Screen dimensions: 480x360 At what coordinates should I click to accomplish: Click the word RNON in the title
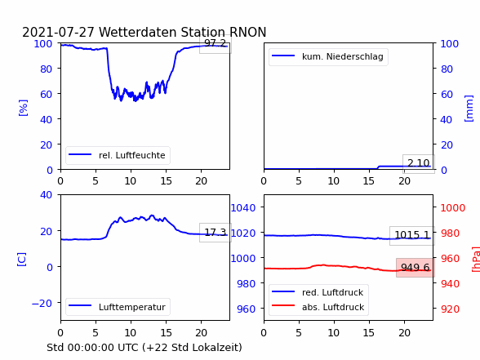(248, 32)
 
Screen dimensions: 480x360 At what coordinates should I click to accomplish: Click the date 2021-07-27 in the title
(58, 32)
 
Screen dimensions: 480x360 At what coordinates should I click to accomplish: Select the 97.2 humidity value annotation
(216, 43)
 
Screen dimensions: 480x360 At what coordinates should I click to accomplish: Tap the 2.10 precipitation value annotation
(419, 163)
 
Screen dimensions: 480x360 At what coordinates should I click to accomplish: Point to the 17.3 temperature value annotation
(216, 233)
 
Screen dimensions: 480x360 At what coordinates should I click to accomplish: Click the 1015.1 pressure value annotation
(412, 235)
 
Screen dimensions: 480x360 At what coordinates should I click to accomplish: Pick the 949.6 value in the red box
(415, 268)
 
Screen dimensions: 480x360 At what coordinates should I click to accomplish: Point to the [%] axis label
(23, 108)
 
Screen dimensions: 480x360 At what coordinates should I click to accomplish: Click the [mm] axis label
(469, 109)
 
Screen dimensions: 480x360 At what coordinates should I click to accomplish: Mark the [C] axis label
(22, 260)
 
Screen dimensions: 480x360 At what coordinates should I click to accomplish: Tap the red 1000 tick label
(453, 208)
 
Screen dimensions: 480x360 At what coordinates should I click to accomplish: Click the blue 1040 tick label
(243, 208)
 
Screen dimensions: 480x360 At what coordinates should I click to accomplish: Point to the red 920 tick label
(450, 309)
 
